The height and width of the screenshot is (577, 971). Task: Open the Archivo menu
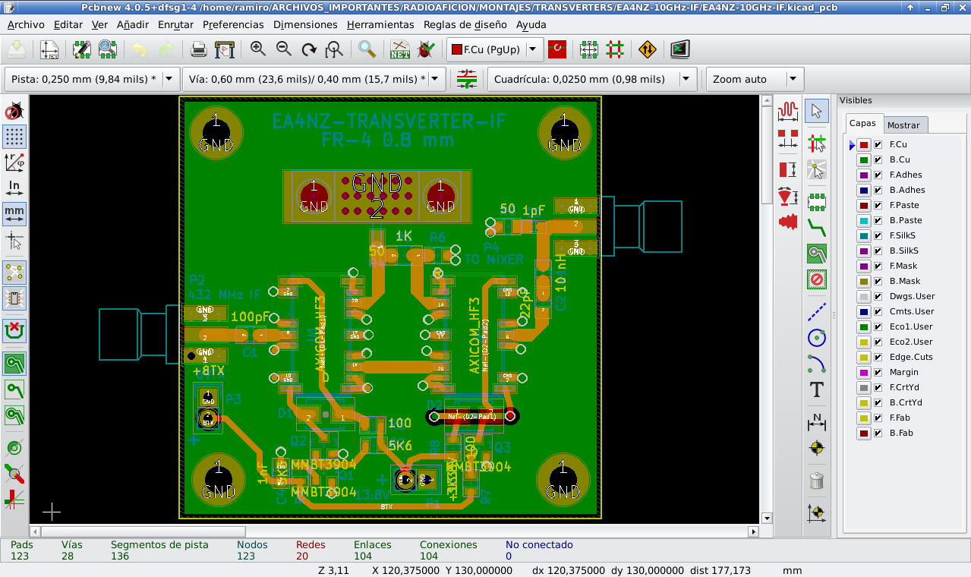coord(26,24)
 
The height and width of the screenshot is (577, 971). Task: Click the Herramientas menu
coord(380,24)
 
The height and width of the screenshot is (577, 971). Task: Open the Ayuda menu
coord(531,24)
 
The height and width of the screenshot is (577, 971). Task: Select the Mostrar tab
coord(903,125)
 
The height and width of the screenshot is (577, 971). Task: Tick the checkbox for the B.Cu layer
coord(878,160)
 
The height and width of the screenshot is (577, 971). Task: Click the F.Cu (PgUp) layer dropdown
coord(495,50)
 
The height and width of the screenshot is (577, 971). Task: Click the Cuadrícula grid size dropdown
coord(592,79)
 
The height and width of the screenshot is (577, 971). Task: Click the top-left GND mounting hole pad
coord(216,132)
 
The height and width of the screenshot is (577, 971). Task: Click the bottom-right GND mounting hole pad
coord(563,481)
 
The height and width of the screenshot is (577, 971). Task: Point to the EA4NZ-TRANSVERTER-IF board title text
coord(387,121)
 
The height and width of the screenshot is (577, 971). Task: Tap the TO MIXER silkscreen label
coord(493,260)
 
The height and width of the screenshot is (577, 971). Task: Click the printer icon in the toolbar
coord(199,50)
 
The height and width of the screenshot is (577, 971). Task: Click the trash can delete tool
coord(816,480)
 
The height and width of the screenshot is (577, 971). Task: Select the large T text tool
coord(816,390)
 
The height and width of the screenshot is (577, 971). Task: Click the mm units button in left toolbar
coord(14,213)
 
